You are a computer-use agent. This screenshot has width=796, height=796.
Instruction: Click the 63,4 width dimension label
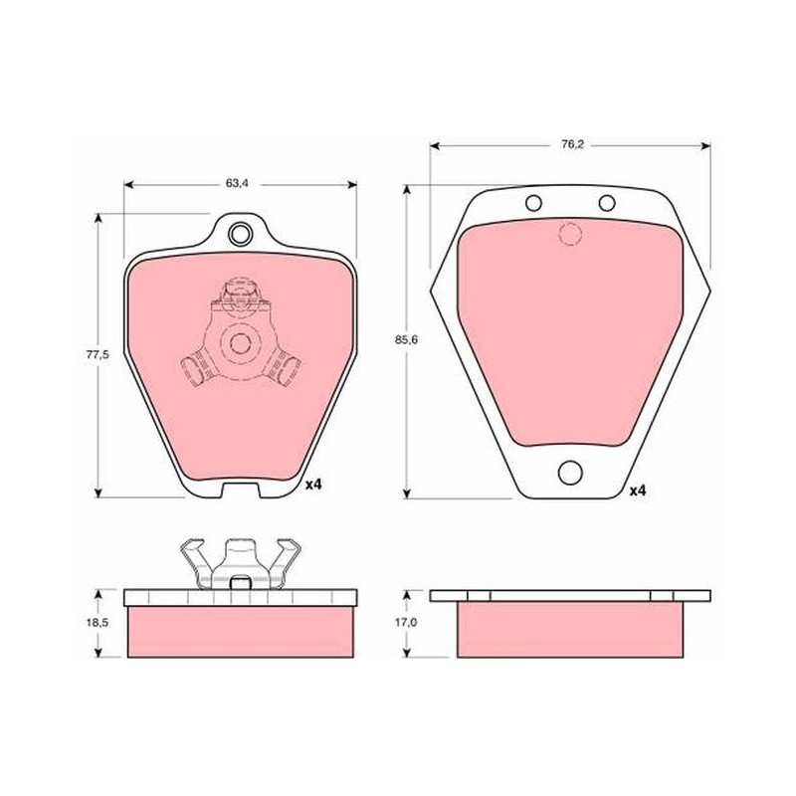[x=237, y=183]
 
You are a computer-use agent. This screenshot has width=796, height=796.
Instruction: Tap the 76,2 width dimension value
[x=573, y=144]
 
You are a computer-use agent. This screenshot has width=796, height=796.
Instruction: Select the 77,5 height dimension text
[x=98, y=354]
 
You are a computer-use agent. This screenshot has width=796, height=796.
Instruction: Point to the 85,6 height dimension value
[x=406, y=340]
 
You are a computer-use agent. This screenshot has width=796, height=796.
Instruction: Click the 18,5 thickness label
[x=98, y=623]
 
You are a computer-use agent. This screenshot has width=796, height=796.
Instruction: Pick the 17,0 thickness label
[x=406, y=622]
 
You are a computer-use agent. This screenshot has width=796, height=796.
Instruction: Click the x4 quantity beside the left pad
[x=313, y=485]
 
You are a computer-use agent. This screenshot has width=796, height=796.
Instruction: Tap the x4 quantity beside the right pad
[x=638, y=491]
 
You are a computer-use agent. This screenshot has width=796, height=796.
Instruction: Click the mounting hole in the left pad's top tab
[x=240, y=234]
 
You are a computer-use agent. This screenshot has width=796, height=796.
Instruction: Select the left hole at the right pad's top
[x=533, y=204]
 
